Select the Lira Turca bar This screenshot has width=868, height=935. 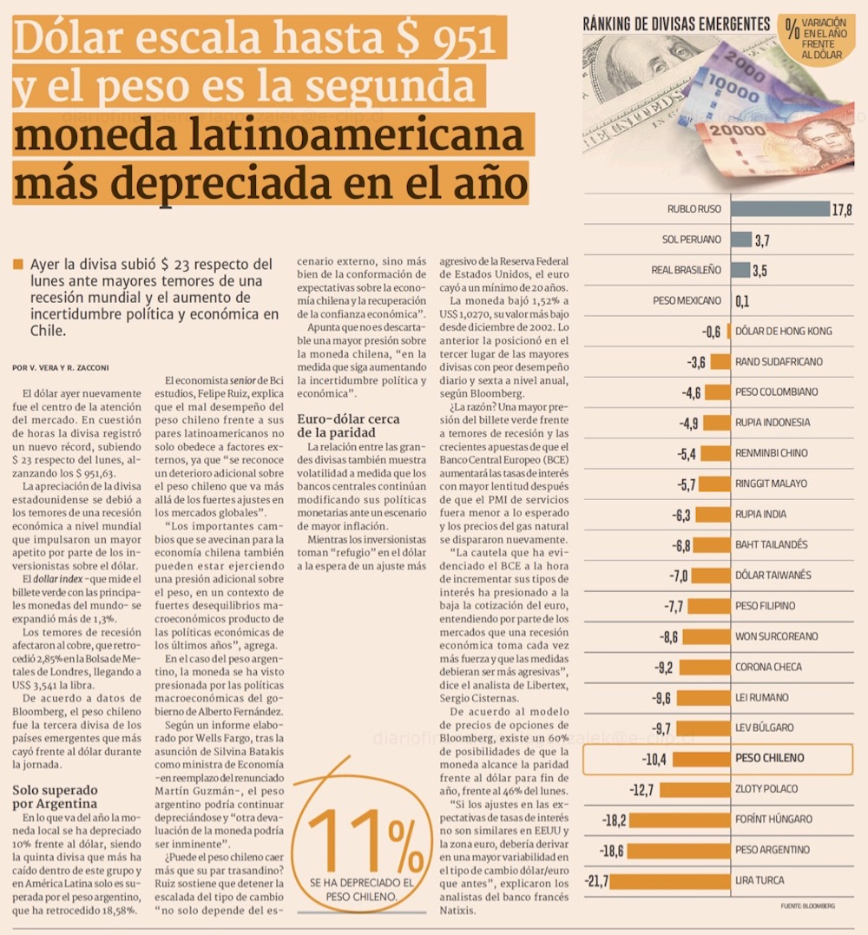tap(671, 880)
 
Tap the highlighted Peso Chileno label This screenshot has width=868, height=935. tap(769, 758)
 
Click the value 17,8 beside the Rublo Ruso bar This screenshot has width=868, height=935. tap(842, 209)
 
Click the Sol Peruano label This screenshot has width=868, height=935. tap(691, 240)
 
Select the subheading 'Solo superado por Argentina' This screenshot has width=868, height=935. tap(55, 796)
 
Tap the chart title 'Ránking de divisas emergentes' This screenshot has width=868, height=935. tap(676, 24)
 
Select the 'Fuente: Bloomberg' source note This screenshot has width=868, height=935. tap(807, 905)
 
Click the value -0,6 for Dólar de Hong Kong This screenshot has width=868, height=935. tap(711, 331)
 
